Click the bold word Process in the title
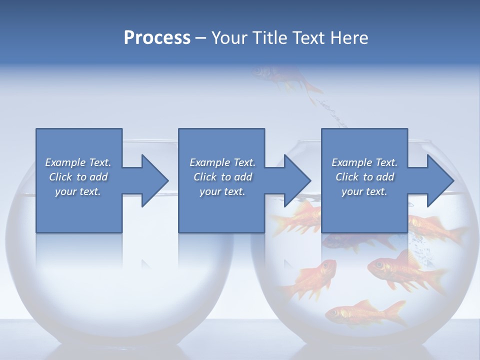click(157, 38)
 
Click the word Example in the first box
click(65, 162)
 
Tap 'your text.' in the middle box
click(221, 191)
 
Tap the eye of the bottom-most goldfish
click(335, 312)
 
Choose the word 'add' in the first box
click(98, 177)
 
